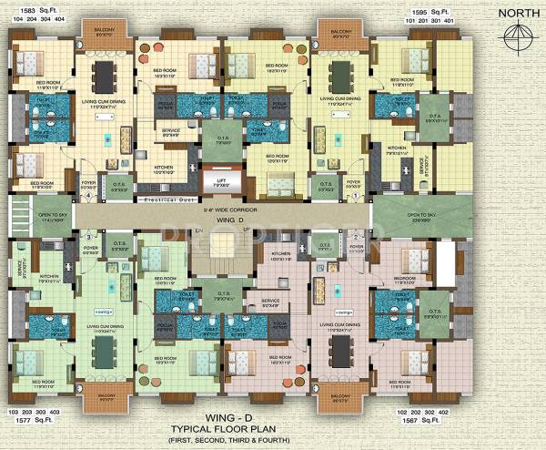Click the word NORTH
pos(516,13)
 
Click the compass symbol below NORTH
pos(518,37)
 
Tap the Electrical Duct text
pos(170,198)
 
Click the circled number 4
pos(87,193)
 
